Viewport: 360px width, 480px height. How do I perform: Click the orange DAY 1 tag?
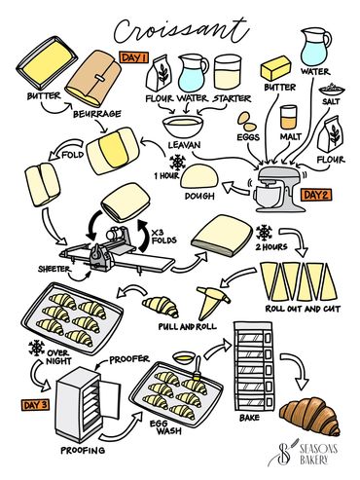[x=134, y=57]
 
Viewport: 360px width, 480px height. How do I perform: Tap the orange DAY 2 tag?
[x=316, y=195]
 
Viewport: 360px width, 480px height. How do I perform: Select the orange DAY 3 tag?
[x=36, y=405]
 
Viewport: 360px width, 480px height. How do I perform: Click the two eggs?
[x=247, y=123]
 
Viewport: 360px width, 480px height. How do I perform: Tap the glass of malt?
[x=288, y=117]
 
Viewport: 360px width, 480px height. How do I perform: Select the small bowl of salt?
[x=332, y=89]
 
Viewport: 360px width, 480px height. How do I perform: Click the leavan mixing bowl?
[x=183, y=127]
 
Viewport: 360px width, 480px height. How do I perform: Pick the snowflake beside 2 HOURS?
[x=265, y=233]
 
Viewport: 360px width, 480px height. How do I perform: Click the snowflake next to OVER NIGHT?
[x=36, y=348]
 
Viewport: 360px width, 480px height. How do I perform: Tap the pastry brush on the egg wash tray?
[x=197, y=370]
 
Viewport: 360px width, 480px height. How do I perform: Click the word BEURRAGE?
[x=97, y=114]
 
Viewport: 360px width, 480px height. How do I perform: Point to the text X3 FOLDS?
[x=164, y=237]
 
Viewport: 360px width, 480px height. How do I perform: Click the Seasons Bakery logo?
[x=303, y=454]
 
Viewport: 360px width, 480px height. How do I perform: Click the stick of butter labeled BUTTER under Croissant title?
[x=276, y=68]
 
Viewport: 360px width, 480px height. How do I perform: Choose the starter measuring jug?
[x=228, y=72]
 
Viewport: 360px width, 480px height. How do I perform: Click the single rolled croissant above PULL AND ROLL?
[x=161, y=306]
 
